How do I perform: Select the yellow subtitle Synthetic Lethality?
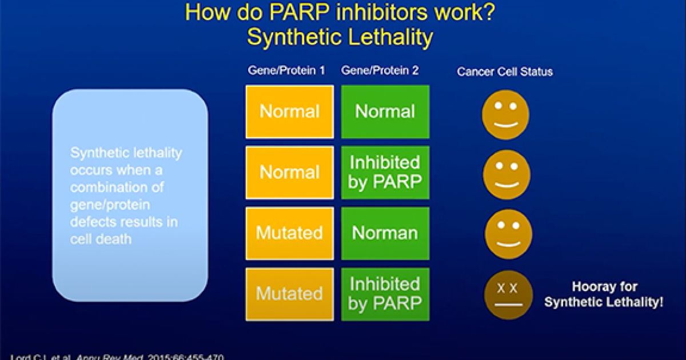[340, 37]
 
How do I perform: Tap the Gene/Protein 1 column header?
[286, 71]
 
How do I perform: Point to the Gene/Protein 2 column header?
[380, 71]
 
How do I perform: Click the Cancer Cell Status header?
[504, 72]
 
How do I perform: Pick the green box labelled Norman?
[385, 233]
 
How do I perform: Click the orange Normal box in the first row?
[290, 112]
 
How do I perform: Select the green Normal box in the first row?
[385, 112]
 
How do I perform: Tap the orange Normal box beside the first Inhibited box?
[290, 173]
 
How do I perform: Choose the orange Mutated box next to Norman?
[290, 233]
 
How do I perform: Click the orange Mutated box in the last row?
[290, 294]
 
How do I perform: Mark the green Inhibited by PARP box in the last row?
[385, 294]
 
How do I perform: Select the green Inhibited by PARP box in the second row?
[385, 173]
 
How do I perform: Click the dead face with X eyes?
[506, 295]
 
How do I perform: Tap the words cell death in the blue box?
[101, 239]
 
